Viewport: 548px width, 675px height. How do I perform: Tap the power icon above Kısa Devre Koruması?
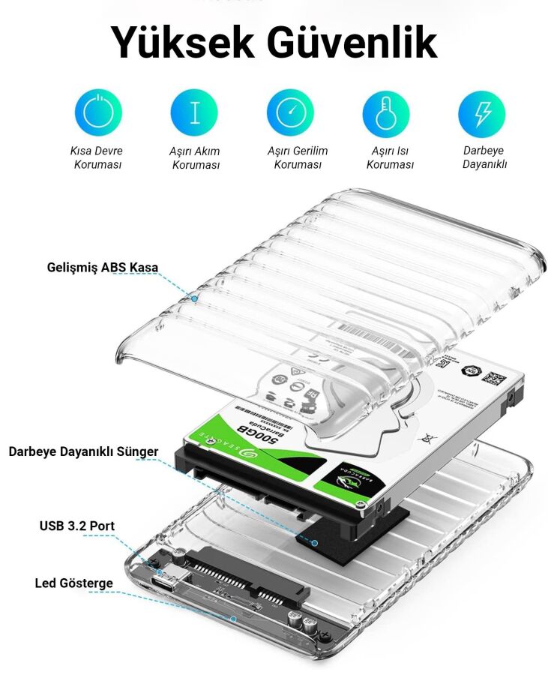pos(98,113)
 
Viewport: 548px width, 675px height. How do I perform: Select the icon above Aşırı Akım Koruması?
pos(194,113)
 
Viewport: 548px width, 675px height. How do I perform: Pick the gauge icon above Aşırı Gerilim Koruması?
pos(290,113)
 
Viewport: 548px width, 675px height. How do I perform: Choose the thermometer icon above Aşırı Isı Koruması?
pos(386,113)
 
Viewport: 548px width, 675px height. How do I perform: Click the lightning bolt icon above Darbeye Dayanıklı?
pos(482,113)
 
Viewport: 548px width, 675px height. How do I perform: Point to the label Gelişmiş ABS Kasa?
pos(103,268)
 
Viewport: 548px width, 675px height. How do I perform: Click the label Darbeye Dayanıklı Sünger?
pos(83,451)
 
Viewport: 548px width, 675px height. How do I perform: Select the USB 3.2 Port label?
pos(77,526)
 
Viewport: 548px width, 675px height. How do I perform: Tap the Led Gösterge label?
pos(74,583)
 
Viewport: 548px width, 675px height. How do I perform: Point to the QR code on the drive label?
pos(491,378)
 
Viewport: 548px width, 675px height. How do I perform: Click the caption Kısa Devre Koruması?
pos(97,157)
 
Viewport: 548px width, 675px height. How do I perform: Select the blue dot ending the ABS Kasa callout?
pos(194,298)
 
